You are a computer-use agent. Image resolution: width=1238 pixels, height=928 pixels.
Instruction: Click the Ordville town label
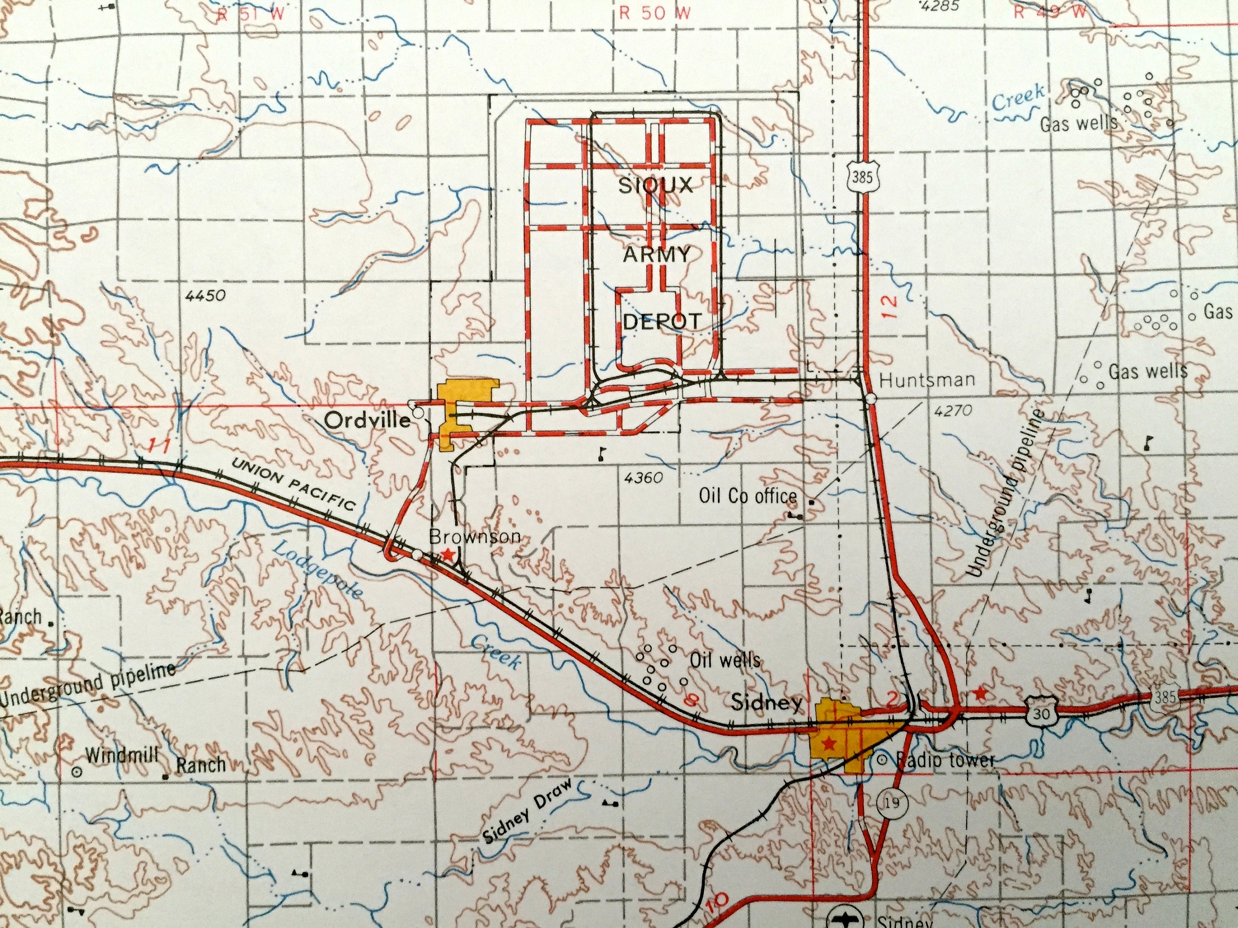point(367,420)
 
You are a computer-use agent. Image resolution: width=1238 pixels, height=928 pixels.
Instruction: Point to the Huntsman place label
point(927,380)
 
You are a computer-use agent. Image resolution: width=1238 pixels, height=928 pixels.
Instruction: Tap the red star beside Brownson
point(448,554)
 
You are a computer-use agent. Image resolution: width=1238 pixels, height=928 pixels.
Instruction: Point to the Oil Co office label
point(748,496)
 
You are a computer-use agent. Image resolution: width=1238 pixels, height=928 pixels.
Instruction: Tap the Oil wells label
point(725,661)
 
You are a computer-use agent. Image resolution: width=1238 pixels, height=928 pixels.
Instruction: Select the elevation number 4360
point(644,478)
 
